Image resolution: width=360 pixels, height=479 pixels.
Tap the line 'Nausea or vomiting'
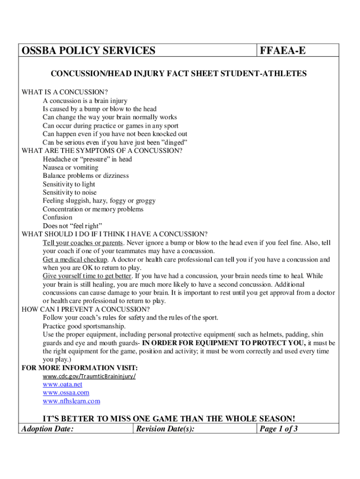pyautogui.click(x=71, y=167)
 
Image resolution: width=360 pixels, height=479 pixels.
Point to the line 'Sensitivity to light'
pyautogui.click(x=69, y=184)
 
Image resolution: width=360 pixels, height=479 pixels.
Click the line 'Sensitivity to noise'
pyautogui.click(x=70, y=192)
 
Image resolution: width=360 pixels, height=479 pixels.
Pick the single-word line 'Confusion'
pyautogui.click(x=58, y=218)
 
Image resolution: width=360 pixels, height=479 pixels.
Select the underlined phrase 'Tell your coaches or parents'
pyautogui.click(x=83, y=243)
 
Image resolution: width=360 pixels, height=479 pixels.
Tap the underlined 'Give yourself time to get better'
pyautogui.click(x=87, y=276)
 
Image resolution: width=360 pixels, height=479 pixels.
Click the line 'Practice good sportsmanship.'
pyautogui.click(x=84, y=326)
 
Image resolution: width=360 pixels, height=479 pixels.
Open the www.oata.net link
pyautogui.click(x=62, y=385)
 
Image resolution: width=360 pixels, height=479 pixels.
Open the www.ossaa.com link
pyautogui.click(x=66, y=393)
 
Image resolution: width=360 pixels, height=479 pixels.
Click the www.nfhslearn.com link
pyautogui.click(x=72, y=401)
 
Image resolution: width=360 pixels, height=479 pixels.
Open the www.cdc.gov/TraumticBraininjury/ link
pyautogui.click(x=89, y=377)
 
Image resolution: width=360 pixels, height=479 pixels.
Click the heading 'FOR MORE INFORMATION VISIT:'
pyautogui.click(x=80, y=368)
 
